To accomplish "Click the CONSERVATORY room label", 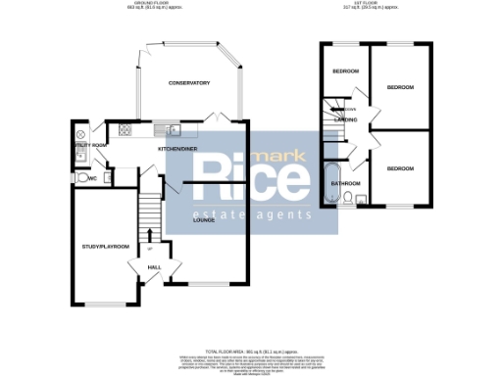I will coord(188,83).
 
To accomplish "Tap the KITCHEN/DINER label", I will coord(177,148).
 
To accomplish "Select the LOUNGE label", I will coord(204,222).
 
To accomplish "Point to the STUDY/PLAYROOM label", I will coord(105,247).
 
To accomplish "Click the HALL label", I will coord(154,266).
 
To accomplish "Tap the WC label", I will coord(91,178).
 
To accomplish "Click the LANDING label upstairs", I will coord(344,120).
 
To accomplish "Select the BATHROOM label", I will coord(344,183).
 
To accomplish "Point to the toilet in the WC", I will coord(78,178).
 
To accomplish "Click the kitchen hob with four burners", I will coord(125,129).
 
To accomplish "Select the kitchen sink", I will coord(174,129).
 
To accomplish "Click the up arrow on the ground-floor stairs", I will coord(149,233).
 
